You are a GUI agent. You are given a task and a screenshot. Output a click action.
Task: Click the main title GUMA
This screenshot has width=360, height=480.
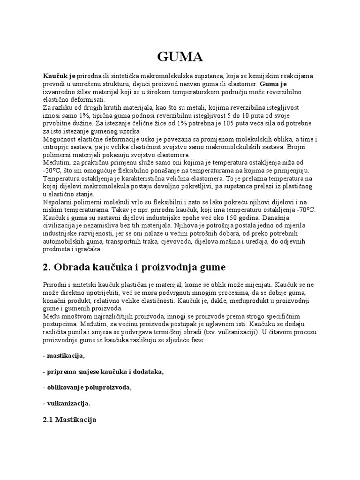point(180,57)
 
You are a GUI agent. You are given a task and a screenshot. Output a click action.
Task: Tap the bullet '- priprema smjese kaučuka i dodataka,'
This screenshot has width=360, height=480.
point(104,371)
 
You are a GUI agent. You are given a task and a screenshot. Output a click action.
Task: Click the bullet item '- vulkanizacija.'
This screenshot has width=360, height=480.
point(67,403)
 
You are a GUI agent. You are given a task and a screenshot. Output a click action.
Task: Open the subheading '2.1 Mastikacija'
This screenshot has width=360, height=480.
point(69,420)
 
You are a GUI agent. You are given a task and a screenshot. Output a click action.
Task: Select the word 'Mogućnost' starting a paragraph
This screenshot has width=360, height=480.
point(59,140)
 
